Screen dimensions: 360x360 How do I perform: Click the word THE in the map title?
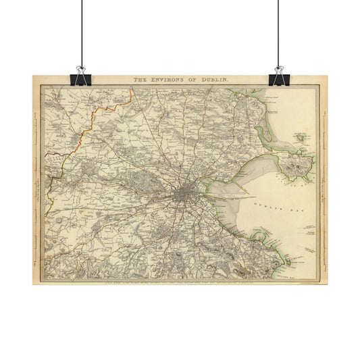pyautogui.click(x=139, y=80)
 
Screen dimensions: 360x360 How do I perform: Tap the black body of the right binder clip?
pyautogui.click(x=279, y=79)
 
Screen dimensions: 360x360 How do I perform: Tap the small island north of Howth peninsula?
pyautogui.click(x=299, y=137)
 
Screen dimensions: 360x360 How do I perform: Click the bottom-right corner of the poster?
pyautogui.click(x=327, y=284)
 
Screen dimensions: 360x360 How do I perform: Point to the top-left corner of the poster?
pyautogui.click(x=32, y=75)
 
